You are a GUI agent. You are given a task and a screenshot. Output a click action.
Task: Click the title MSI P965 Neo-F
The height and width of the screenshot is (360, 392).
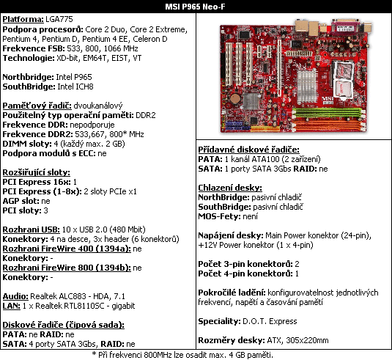[195, 7]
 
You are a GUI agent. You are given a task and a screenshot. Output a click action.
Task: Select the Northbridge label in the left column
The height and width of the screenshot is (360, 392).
[28, 77]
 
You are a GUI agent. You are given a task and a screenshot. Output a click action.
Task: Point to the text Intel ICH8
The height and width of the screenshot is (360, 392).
[75, 87]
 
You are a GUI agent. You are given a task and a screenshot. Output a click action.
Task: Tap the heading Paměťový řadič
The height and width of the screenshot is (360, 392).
[37, 106]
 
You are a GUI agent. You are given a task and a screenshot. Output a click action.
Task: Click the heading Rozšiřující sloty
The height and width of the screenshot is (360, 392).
[36, 172]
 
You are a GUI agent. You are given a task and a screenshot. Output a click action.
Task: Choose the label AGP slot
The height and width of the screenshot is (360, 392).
[21, 201]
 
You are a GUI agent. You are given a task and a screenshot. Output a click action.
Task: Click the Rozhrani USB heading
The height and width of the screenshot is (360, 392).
[32, 229]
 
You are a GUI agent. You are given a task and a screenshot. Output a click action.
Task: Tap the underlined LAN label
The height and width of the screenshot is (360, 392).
[11, 306]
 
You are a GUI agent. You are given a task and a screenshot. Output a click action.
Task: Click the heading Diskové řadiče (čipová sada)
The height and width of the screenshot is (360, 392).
[64, 325]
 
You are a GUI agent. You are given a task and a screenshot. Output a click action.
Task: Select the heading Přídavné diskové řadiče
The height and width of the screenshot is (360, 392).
[248, 150]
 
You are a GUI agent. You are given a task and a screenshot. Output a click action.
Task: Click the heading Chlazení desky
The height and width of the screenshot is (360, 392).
[230, 188]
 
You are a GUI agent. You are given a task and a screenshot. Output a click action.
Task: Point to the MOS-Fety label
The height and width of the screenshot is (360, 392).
[220, 216]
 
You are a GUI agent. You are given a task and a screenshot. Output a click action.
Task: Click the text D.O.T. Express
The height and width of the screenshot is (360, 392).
[270, 321]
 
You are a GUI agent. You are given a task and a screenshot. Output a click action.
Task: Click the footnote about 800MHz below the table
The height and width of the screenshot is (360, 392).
[182, 355]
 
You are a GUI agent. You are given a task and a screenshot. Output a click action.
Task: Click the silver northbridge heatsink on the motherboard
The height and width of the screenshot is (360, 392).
[306, 87]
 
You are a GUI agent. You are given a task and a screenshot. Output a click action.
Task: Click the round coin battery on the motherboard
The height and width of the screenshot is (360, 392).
[235, 98]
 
